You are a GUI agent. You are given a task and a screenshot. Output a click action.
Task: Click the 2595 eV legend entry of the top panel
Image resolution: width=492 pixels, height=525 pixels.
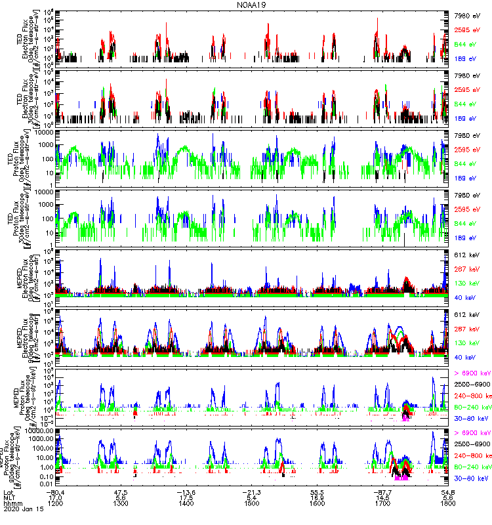[x=468, y=30]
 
